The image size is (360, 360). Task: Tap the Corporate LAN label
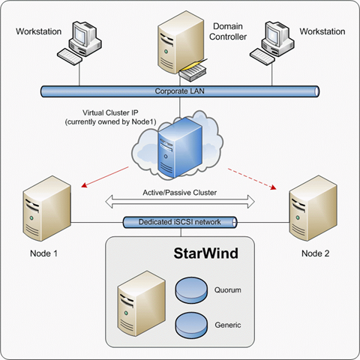[x=179, y=91]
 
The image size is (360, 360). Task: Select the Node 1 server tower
[x=46, y=208]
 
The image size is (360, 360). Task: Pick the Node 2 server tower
[x=313, y=208]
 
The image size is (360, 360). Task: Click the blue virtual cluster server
[x=180, y=148]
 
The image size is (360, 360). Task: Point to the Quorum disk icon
[x=191, y=289]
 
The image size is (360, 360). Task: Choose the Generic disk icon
[x=191, y=324]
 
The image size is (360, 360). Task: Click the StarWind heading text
[x=205, y=253]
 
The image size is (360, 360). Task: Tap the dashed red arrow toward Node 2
[x=252, y=179]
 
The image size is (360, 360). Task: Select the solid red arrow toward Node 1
[x=105, y=177]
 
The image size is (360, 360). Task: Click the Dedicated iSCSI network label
[x=179, y=222]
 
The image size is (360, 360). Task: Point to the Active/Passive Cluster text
[x=179, y=193]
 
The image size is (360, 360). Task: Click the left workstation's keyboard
[x=70, y=56]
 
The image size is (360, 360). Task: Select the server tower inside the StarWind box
[x=142, y=303]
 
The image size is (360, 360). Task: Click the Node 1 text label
[x=43, y=253]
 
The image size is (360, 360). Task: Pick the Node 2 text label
[x=315, y=253]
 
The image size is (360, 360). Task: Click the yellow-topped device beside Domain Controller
[x=193, y=71]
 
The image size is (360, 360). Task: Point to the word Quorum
[x=227, y=290]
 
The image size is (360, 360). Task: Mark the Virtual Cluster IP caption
[x=110, y=117]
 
